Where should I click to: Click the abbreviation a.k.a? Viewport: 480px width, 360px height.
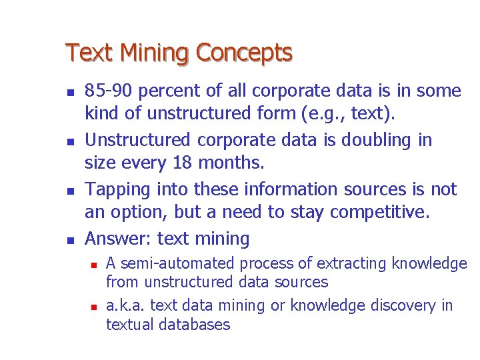(126, 305)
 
